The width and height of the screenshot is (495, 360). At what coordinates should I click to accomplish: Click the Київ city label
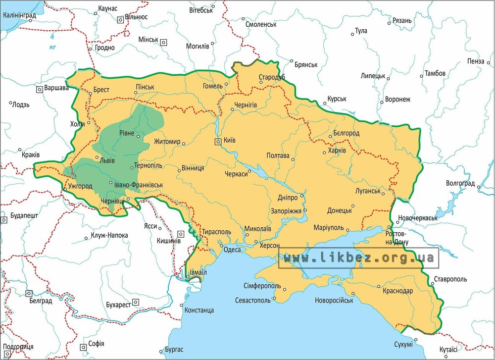point(229,140)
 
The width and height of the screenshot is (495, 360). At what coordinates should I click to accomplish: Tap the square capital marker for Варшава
point(39,90)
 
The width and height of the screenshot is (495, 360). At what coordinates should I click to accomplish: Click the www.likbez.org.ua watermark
point(358,258)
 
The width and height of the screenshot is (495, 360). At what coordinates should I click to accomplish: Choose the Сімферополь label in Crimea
point(262,286)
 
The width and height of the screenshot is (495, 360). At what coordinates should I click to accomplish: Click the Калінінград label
point(19,15)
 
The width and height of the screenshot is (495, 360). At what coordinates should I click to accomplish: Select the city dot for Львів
point(97,159)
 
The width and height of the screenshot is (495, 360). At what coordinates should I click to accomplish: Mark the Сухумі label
point(402,344)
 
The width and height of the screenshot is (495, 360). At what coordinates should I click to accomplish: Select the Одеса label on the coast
point(232,250)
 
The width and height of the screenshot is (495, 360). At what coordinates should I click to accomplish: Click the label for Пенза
point(475,61)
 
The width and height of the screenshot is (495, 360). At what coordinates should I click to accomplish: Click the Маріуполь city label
point(329,227)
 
